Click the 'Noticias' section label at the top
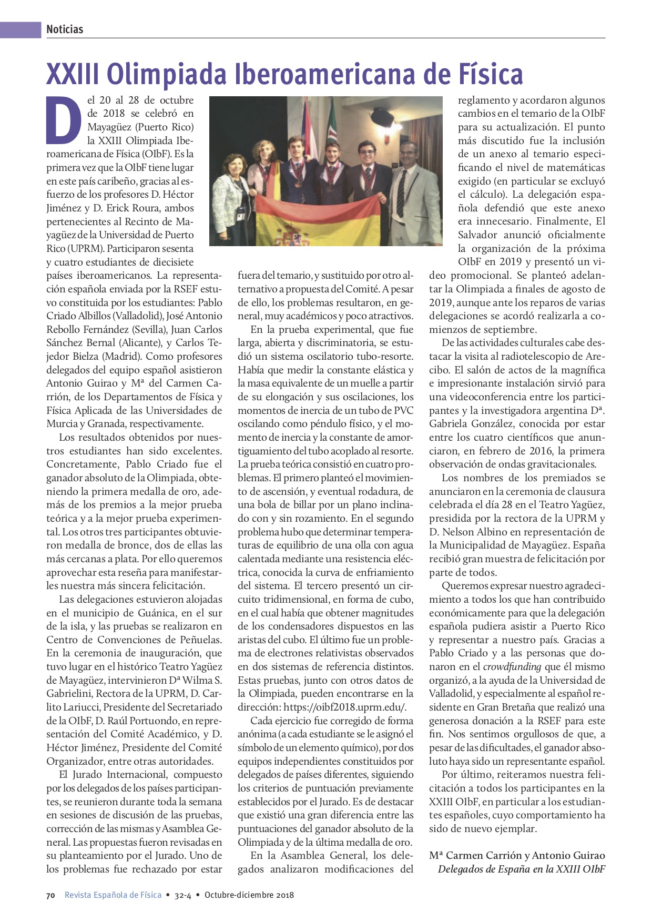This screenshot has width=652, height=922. [65, 29]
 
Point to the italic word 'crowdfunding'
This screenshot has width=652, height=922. [512, 667]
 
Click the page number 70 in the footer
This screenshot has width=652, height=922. [50, 895]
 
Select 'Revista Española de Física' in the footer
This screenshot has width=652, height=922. [113, 895]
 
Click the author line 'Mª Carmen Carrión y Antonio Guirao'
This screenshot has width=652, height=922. [517, 855]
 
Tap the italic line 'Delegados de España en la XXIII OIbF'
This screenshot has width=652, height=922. [521, 869]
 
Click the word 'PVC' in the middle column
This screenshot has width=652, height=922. [403, 411]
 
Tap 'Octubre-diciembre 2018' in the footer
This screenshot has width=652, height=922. [249, 895]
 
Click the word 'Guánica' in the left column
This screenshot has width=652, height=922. [155, 613]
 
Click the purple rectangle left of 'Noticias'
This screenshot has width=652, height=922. [21, 29]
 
